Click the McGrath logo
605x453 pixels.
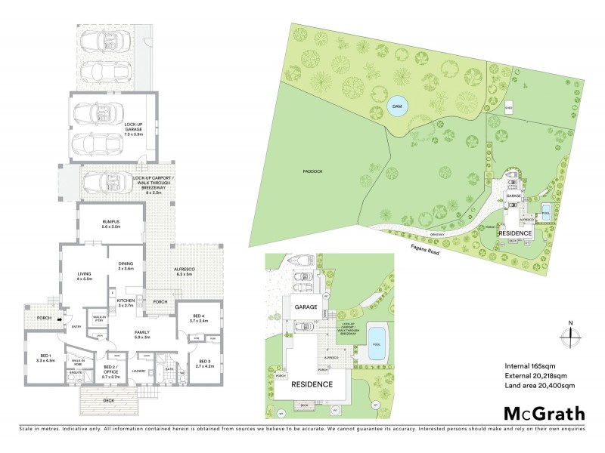click(x=544, y=412)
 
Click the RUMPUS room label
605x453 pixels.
click(x=111, y=223)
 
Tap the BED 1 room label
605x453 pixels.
click(x=46, y=356)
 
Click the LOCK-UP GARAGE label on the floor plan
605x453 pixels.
click(x=123, y=128)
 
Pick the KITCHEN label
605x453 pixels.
click(x=126, y=303)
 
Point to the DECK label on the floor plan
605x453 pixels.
click(x=109, y=400)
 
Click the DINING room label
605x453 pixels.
click(x=126, y=265)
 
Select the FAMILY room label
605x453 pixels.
click(x=142, y=334)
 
